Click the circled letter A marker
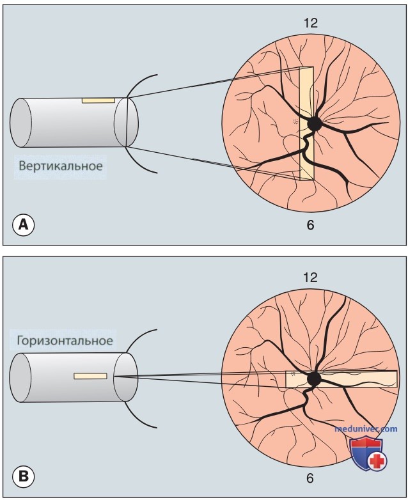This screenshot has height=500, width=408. (23, 225)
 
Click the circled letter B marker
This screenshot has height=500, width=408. (23, 476)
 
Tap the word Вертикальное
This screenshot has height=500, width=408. (61, 166)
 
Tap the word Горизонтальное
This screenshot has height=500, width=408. (65, 341)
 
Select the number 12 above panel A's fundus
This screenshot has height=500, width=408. (311, 23)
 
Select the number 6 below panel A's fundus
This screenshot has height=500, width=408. (310, 225)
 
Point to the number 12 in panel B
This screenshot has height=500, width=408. (311, 277)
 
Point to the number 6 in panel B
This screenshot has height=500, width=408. (310, 478)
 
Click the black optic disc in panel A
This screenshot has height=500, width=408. (315, 124)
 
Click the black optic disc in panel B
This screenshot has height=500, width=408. (314, 379)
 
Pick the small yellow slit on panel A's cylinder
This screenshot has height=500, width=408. (98, 100)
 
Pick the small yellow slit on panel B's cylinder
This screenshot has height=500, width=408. (90, 376)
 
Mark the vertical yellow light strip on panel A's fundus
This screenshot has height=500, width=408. (306, 123)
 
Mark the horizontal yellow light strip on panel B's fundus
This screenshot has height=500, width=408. (341, 379)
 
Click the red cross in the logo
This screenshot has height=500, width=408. (377, 460)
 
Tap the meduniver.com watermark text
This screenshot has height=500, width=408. (366, 429)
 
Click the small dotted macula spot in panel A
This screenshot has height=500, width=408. (296, 121)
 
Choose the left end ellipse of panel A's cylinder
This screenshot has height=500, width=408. (20, 123)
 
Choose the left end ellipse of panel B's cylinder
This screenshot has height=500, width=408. (20, 377)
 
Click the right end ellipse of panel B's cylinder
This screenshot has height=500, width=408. (126, 377)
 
